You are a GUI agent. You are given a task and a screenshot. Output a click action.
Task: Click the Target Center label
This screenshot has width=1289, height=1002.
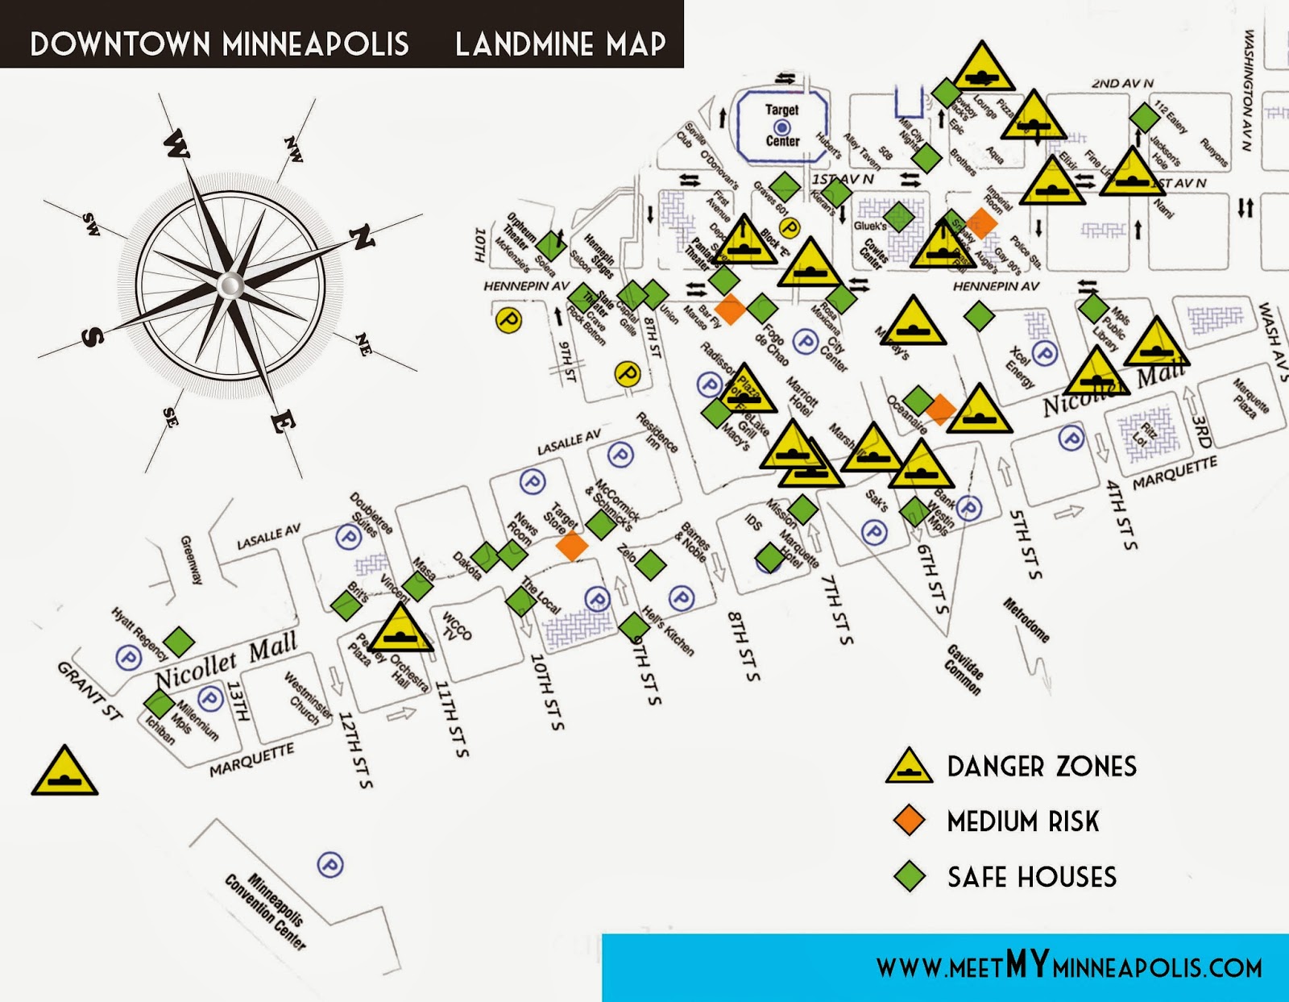[x=781, y=125]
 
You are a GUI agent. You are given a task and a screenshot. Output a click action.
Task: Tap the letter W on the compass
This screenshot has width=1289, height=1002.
[x=176, y=146]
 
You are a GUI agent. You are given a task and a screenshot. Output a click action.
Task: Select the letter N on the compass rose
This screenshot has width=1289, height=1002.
[x=363, y=237]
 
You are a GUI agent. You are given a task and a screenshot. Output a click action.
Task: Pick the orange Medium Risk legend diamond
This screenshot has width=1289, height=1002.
[x=910, y=820]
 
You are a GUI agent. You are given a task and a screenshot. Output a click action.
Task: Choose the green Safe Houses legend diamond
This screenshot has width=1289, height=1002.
[x=910, y=875]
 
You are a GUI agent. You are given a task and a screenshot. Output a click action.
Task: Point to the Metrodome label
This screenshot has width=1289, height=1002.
[x=1026, y=620]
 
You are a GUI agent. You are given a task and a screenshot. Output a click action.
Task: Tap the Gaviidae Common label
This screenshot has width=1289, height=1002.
[x=964, y=669]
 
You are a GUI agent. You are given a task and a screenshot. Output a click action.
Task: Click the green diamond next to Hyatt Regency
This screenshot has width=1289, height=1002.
[x=179, y=642]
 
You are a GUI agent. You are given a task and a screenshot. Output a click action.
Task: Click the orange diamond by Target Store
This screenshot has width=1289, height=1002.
[x=572, y=545]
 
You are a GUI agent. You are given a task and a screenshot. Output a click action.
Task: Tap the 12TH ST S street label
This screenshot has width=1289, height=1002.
[x=355, y=749]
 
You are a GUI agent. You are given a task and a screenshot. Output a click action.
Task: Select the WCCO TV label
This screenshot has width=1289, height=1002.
[x=456, y=626]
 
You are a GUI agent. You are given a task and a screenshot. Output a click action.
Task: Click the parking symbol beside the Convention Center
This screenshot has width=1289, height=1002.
[x=330, y=866]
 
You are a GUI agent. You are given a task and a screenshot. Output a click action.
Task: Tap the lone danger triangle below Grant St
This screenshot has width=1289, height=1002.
[x=64, y=773]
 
